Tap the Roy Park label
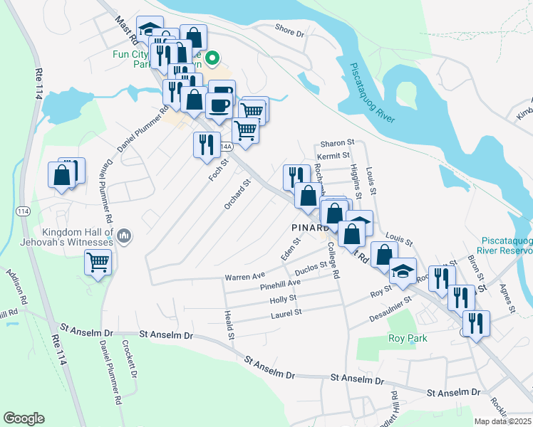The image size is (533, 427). click(x=408, y=338)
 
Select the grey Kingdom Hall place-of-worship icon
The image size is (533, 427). click(x=125, y=235)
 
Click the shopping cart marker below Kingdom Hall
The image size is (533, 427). click(x=98, y=263)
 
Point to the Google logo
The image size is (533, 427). click(x=24, y=418)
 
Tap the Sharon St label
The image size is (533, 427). click(x=337, y=143)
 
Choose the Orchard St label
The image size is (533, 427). click(x=238, y=194)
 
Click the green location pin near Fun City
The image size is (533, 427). click(x=212, y=58)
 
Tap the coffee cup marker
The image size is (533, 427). click(x=219, y=105)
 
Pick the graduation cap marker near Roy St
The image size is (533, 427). click(x=403, y=270)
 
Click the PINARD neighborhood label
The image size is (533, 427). click(x=309, y=227)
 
